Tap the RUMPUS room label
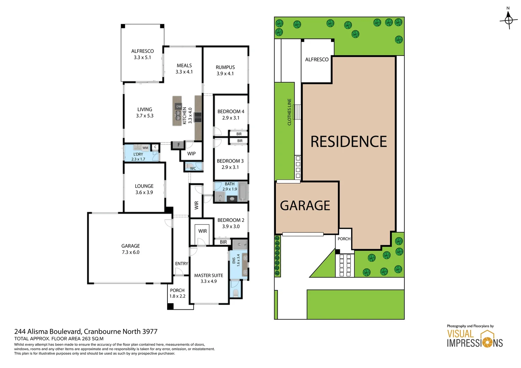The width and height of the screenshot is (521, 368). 225,67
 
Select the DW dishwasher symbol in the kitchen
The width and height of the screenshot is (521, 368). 179,107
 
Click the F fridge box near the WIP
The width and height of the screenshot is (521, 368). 178,145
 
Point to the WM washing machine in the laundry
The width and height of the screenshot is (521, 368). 145,148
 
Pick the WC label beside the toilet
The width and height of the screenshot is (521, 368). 193,168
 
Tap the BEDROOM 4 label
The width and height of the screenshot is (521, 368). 231,112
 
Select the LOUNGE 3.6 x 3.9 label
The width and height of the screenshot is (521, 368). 144,189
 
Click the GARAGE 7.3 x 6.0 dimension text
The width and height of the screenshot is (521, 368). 131,252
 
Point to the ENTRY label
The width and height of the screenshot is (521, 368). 181,264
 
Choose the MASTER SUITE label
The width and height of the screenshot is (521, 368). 209,275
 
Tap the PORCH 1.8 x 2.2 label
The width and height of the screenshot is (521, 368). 177,293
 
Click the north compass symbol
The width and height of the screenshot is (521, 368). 508,19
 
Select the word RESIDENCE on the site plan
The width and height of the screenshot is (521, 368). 348,142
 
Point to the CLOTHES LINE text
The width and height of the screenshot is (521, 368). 289,112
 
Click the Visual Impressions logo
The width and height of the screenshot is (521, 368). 475,339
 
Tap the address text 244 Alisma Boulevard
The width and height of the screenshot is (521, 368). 48,332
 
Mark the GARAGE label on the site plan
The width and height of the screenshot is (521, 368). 305,206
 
